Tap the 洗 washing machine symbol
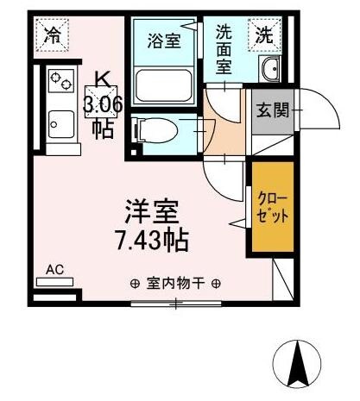263,35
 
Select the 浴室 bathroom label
164,40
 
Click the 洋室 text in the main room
154,211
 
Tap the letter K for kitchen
102,80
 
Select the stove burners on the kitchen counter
61,82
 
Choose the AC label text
55,270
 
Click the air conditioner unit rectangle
55,282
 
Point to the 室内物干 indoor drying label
176,282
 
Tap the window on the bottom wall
176,303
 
